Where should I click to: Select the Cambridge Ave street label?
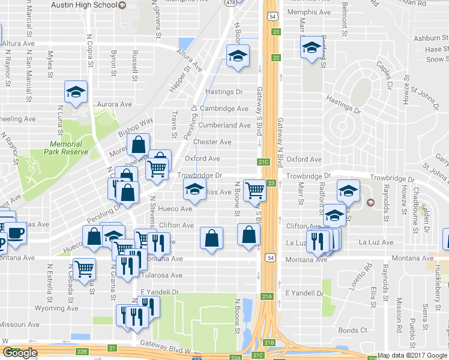(224, 109)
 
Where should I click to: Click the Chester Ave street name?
(212, 142)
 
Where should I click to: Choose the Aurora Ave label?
(114, 104)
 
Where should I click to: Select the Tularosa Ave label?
(161, 275)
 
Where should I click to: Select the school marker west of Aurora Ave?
(76, 92)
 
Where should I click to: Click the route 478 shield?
(231, 2)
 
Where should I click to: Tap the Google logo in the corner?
(20, 353)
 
